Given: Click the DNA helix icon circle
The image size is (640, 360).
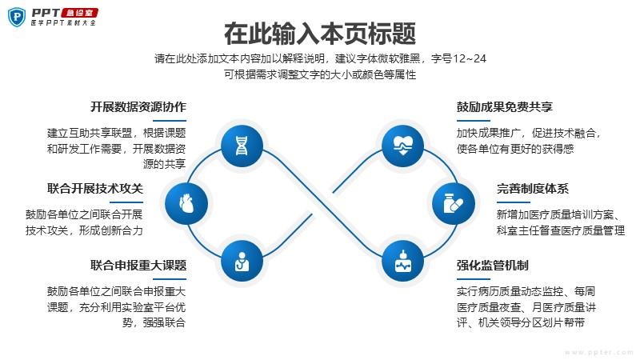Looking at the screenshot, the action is (242, 146).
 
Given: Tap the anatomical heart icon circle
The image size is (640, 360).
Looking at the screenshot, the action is (186, 203).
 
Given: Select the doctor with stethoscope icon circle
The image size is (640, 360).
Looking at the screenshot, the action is (242, 262).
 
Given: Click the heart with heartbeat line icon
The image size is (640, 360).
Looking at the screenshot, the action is (403, 146).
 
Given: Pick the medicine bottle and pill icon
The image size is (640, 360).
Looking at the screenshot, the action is (454, 203).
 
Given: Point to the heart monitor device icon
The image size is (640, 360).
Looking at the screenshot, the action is (403, 262).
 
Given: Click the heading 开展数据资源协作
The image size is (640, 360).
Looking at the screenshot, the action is (138, 107).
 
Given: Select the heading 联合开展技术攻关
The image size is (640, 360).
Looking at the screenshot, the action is (95, 189).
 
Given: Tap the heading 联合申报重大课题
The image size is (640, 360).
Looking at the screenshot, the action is (138, 266).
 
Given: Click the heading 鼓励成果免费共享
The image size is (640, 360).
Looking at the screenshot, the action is (505, 107).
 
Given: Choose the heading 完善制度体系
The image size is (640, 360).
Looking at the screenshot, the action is (533, 189).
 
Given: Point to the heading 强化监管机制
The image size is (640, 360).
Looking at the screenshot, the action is (492, 266).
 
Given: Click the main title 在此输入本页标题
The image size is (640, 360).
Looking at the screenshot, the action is (320, 34).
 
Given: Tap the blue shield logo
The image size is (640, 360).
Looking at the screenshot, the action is (17, 17).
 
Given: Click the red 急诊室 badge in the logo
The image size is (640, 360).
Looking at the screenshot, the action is (79, 13).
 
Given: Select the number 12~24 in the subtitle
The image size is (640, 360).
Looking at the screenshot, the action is (470, 58).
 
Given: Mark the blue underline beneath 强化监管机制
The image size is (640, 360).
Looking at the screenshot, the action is (473, 279).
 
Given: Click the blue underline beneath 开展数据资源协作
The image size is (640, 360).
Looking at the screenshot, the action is (170, 121).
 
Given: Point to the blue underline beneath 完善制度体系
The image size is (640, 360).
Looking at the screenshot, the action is (514, 202).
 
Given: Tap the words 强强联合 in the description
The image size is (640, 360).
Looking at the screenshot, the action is (164, 323).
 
